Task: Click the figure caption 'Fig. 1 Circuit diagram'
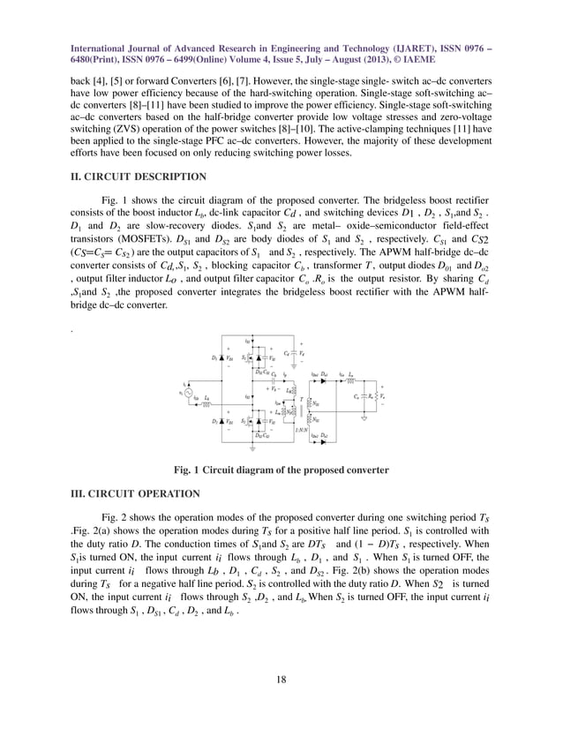(x=281, y=470)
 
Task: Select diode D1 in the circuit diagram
(x=221, y=357)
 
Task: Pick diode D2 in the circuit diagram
(x=221, y=422)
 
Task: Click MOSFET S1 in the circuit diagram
(x=249, y=357)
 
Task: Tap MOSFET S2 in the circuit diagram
(x=249, y=422)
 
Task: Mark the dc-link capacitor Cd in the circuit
(x=295, y=353)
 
